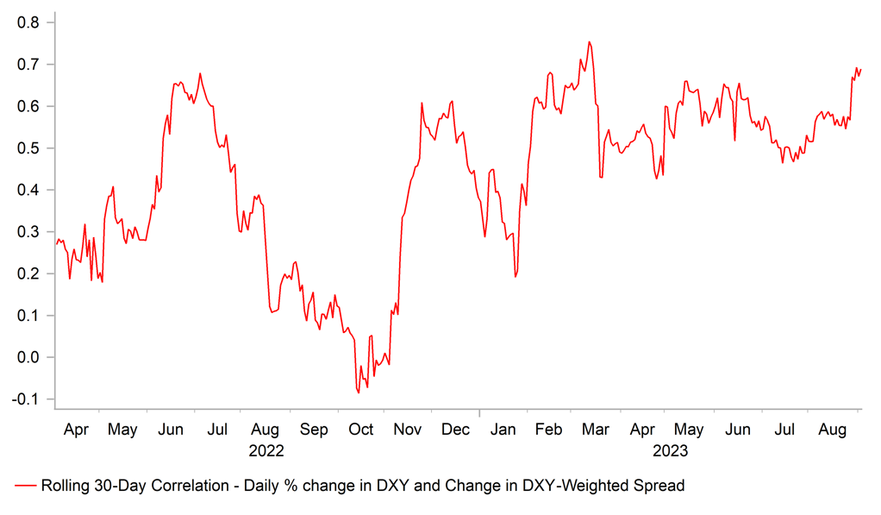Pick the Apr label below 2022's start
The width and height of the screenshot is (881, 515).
76,429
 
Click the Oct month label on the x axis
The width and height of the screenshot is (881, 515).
360,429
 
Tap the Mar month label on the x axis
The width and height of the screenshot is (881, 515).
595,429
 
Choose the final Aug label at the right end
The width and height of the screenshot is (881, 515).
832,429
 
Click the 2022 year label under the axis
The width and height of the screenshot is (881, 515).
266,450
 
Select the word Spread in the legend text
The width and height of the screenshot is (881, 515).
660,487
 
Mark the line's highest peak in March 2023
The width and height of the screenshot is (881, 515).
589,41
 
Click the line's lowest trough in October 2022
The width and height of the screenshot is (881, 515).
358,393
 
